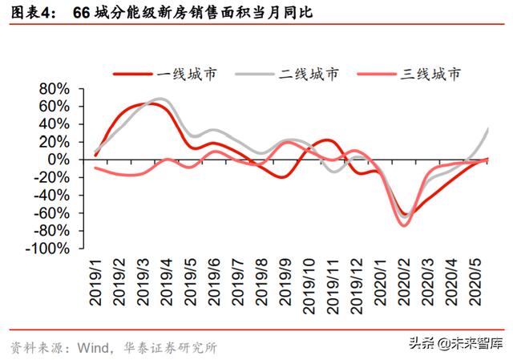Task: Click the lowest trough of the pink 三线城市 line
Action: point(405,225)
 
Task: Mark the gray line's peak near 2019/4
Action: point(160,99)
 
